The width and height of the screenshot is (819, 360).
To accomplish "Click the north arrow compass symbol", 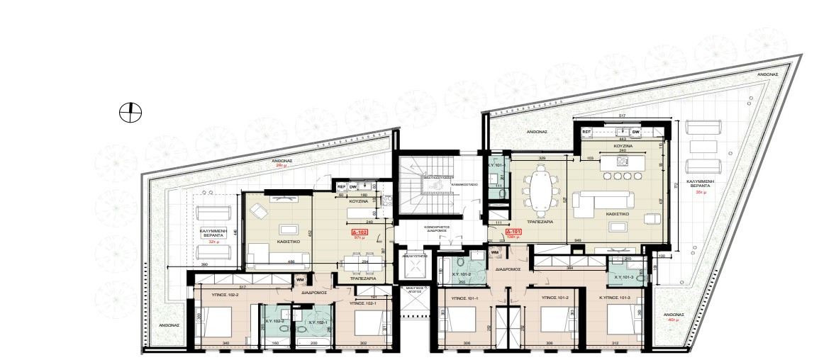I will pos(130,111).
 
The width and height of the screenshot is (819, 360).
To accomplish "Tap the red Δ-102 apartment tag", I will pos(360,232).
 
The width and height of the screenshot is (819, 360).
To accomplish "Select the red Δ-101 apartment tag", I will pos(513,232).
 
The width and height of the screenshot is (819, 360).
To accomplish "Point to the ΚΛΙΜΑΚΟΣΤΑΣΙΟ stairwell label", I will pos(464,184).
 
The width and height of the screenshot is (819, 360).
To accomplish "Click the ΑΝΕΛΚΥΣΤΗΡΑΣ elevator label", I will pos(414,255).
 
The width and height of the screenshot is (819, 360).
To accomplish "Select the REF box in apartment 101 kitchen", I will pos(586,132).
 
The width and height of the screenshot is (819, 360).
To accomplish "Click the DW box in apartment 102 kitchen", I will pos(352,187).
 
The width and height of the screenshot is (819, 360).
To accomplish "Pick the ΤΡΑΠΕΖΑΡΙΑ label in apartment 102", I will pos(362,279).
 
